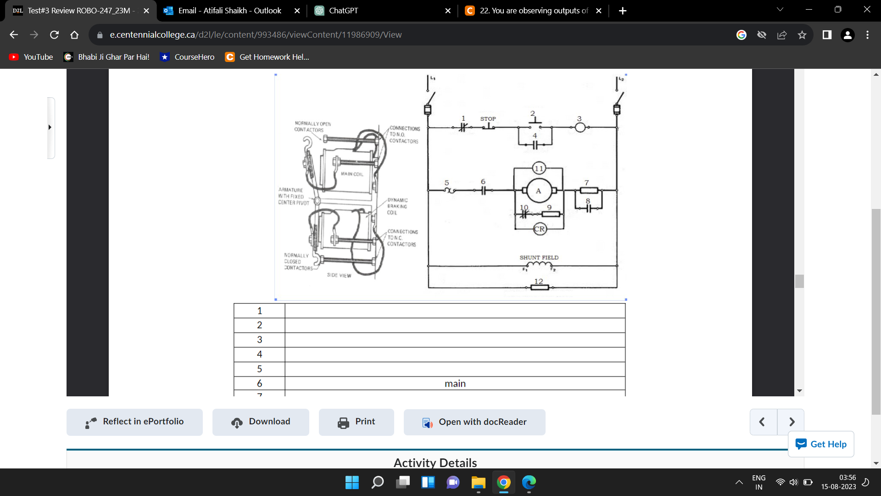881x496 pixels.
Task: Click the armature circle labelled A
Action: (539, 191)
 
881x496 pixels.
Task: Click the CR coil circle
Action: (540, 229)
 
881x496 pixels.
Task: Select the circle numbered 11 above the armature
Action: (539, 168)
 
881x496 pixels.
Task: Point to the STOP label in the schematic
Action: (488, 118)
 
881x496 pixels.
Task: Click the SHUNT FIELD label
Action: (539, 258)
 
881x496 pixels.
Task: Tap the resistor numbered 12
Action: (539, 287)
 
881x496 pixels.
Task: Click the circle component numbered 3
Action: (580, 127)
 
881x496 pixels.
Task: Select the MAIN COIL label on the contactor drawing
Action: (351, 174)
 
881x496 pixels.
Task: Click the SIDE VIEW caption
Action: (339, 276)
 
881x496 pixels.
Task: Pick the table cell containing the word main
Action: (455, 383)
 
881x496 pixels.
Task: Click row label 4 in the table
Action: (259, 354)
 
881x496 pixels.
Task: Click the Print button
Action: (357, 422)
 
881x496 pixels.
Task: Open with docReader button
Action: (474, 422)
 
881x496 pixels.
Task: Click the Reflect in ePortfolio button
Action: (134, 422)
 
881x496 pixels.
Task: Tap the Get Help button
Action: (821, 444)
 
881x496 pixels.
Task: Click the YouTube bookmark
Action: (31, 57)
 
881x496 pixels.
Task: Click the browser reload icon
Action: (54, 35)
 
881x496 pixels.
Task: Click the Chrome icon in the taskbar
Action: (503, 482)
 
